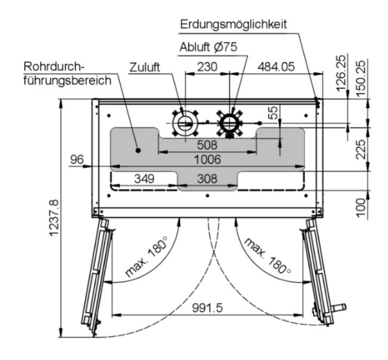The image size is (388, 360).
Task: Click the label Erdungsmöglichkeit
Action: tap(233, 25)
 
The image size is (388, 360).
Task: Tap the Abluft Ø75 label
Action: tap(209, 47)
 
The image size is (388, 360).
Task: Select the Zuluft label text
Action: tap(145, 67)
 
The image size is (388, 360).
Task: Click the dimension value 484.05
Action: tap(276, 67)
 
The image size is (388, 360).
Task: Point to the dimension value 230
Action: tap(207, 67)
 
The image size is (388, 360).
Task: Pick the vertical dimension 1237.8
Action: tap(54, 217)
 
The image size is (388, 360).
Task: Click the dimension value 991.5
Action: tap(207, 307)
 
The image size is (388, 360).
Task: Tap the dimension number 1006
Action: tap(207, 160)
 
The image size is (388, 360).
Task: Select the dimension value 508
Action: tap(207, 145)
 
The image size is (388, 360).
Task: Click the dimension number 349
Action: tap(145, 179)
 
